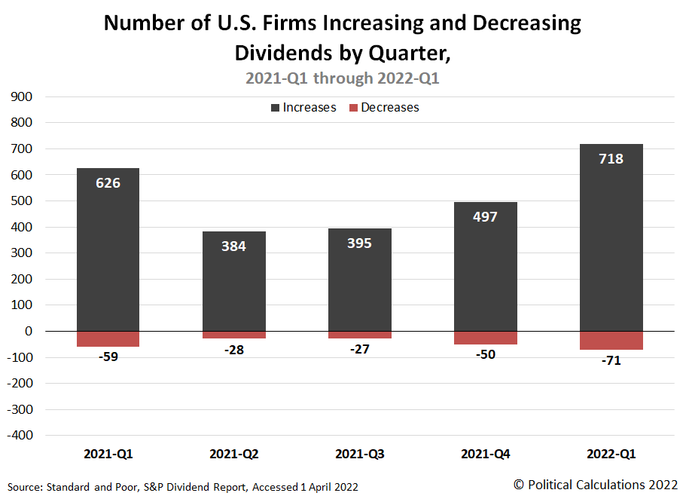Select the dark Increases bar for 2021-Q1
coord(108,256)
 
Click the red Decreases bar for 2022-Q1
coord(611,341)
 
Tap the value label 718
coord(611,159)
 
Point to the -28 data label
coord(233,351)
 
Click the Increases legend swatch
coord(275,108)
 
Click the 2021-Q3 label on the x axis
coord(359,455)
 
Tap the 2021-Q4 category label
coord(485,455)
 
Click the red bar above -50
coord(485,338)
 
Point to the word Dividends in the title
coord(280,54)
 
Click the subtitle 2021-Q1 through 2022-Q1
coord(343,78)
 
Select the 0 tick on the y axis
coord(28,332)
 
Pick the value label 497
coord(485,217)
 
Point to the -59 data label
coord(108,357)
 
